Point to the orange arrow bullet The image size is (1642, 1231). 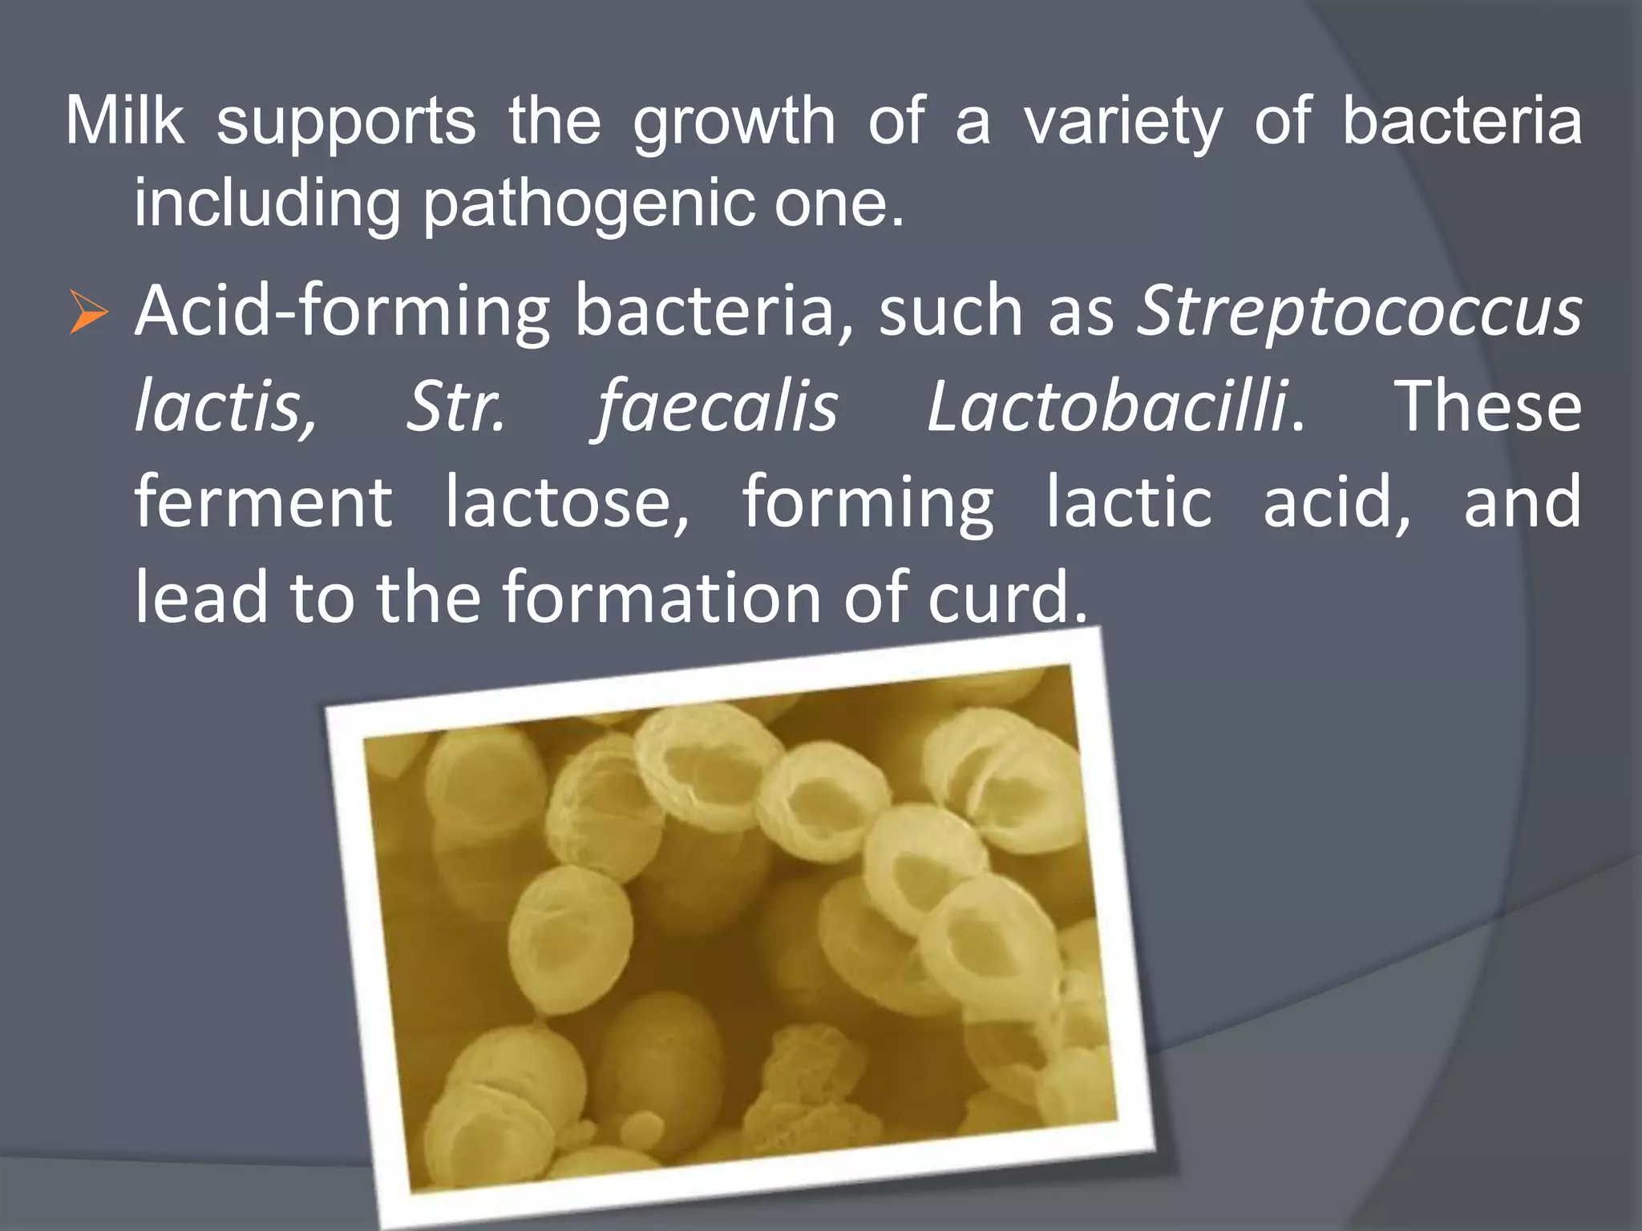[87, 313]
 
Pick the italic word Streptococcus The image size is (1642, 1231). [1360, 313]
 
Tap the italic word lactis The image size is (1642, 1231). [225, 407]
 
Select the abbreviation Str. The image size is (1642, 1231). [455, 407]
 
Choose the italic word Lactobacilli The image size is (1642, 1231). [1107, 407]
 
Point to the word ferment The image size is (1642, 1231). [263, 503]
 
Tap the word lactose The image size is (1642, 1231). [566, 503]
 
